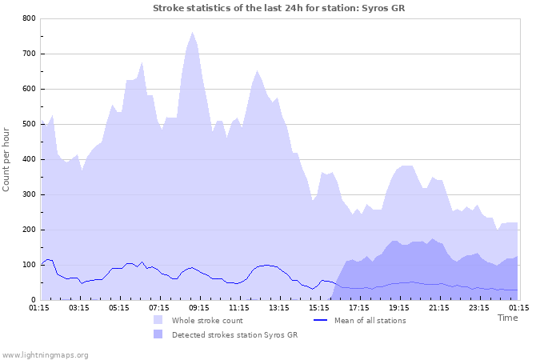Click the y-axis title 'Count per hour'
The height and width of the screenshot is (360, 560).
pos(7,158)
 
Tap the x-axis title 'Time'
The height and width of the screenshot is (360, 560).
pos(507,318)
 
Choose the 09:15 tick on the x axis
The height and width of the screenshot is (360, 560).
pos(199,306)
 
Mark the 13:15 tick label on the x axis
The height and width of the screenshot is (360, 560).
pos(279,306)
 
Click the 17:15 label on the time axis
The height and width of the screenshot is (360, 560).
pos(359,306)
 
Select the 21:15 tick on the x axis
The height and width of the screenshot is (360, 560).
pos(439,306)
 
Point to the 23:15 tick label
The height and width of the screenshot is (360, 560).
pos(479,306)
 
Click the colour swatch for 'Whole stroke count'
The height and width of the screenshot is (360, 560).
pos(158,320)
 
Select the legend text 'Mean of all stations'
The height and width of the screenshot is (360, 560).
pos(370,320)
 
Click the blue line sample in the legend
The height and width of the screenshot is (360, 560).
pos(320,320)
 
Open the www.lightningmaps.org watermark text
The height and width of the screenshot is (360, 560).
pos(45,354)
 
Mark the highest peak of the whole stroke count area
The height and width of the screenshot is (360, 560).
pos(193,33)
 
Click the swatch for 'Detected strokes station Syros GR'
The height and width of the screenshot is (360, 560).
pos(158,334)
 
